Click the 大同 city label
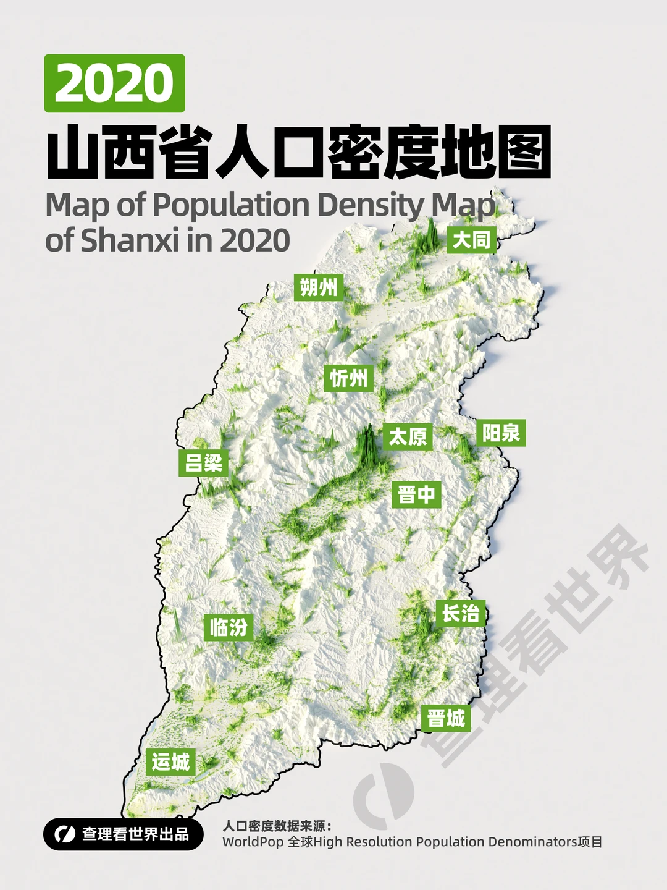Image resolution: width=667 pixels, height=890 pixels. pos(472,240)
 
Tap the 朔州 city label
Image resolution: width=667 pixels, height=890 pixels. pos(318,287)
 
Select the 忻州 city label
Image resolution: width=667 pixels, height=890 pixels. pos(349,378)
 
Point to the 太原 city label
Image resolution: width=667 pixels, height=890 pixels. pos(407,437)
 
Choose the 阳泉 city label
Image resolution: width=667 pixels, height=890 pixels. pos(501,433)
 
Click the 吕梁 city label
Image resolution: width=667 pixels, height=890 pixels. pos(204,462)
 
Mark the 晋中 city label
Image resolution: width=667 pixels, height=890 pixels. pos(417,494)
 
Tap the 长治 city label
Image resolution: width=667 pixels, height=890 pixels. pos(461,613)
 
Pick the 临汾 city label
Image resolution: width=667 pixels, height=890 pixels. pos(229,627)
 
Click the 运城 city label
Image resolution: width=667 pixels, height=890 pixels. pos(171,761)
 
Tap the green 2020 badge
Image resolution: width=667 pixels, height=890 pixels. pos(115,83)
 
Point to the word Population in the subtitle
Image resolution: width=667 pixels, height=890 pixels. pos(231,205)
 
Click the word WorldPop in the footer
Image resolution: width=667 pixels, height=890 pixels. pos(253,842)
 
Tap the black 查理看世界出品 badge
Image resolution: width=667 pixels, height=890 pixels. pos(124,834)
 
